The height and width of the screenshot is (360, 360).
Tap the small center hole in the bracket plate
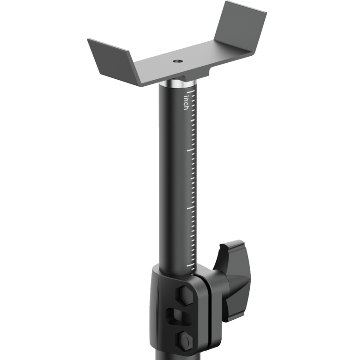(177, 61)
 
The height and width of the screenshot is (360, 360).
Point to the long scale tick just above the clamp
(190, 265)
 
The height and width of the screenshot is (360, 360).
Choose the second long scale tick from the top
(189, 150)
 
